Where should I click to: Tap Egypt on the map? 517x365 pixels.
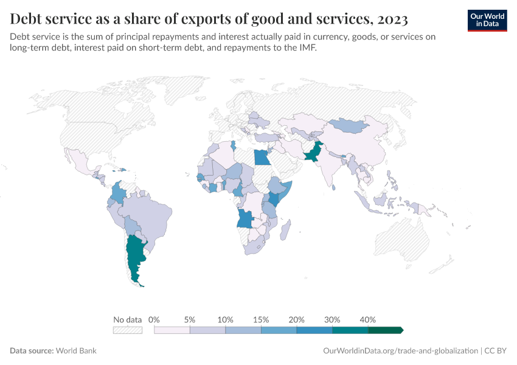(262, 158)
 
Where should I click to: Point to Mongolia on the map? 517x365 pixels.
(350, 126)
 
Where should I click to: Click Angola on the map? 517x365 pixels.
(246, 218)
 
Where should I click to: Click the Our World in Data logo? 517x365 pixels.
(487, 20)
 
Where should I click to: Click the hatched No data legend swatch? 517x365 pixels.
(128, 330)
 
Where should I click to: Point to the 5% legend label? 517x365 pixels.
(190, 319)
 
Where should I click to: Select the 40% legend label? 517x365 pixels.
(368, 319)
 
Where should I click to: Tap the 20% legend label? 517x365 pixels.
(297, 319)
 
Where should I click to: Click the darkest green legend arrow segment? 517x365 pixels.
(385, 330)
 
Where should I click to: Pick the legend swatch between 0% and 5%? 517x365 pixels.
(172, 330)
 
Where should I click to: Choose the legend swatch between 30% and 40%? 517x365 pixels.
(350, 330)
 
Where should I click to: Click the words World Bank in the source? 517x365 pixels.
(76, 351)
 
